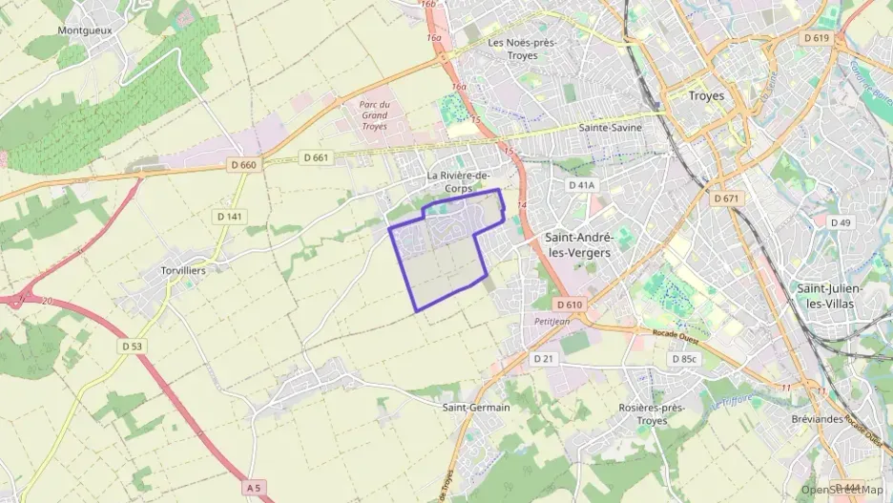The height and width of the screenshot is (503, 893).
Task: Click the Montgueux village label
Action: tap(85, 31)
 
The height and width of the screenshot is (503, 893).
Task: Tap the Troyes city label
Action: tap(706, 96)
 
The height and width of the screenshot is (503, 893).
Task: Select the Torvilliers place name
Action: tap(183, 270)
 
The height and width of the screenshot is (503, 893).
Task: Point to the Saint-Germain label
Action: tap(476, 408)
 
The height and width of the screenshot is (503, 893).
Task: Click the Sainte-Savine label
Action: tap(609, 127)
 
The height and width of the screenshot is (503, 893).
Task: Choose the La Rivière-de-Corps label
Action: tap(458, 182)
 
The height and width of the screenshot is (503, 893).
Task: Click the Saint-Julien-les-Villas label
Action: tap(829, 296)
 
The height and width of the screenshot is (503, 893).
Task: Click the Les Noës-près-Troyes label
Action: tap(522, 49)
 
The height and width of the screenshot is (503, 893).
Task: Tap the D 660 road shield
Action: tap(243, 164)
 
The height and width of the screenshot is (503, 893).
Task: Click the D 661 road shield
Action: tap(314, 157)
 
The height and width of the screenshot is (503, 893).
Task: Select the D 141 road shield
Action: tap(230, 217)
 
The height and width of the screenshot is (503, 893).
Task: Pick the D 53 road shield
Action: tap(132, 346)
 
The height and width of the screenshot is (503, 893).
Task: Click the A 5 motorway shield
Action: tap(253, 488)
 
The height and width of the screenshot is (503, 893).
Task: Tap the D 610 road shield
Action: tap(568, 304)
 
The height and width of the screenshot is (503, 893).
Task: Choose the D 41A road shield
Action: tap(581, 185)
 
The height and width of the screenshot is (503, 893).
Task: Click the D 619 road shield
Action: tap(817, 38)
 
